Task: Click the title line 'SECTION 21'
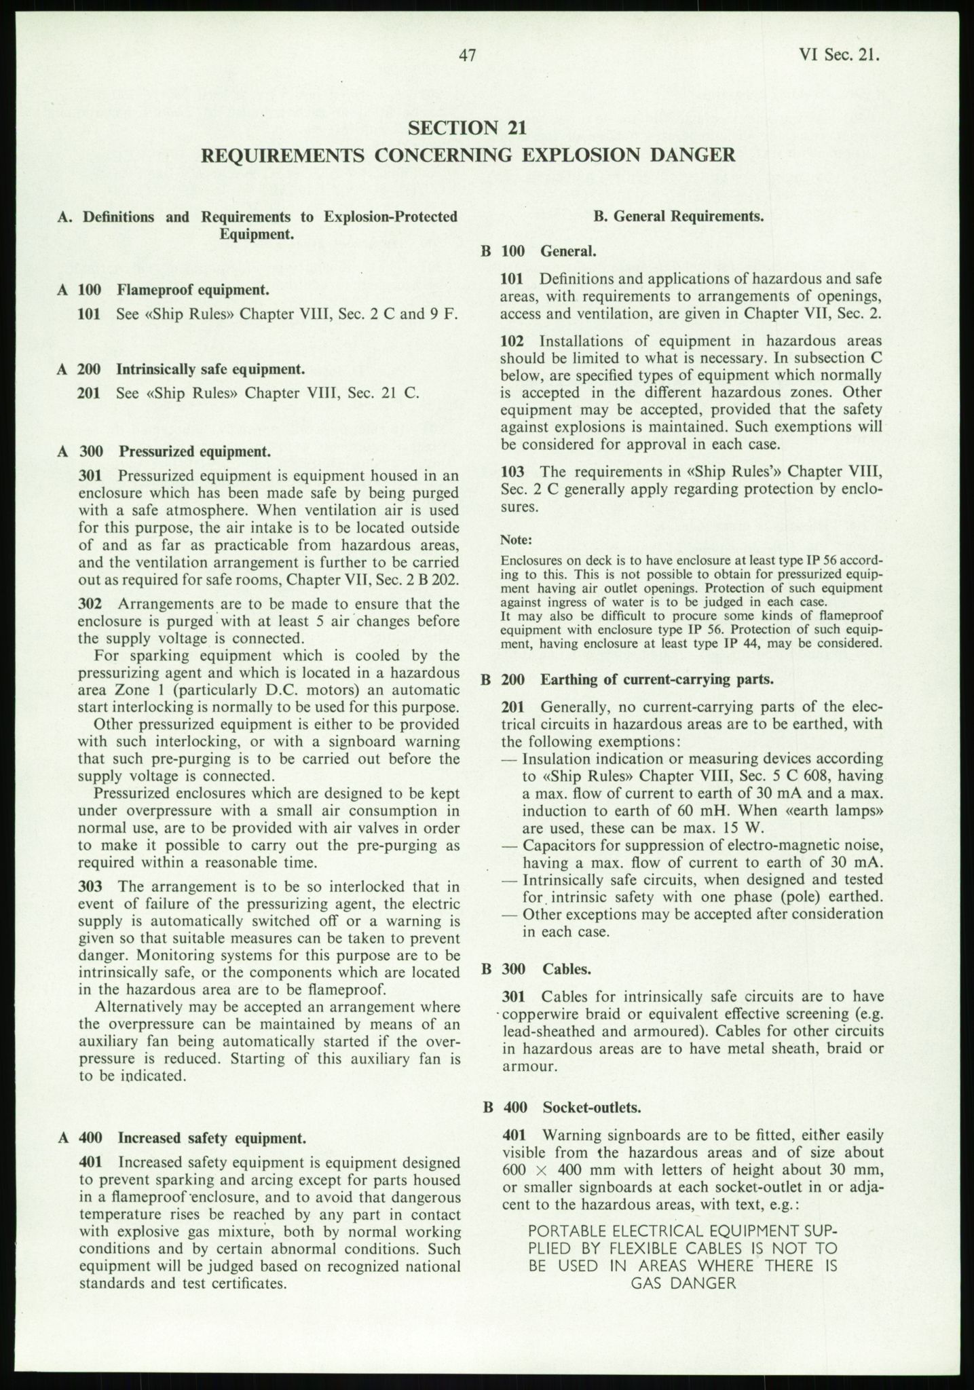(468, 128)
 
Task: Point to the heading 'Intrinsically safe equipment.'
(210, 369)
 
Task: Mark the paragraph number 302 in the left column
(90, 604)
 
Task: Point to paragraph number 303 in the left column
(90, 886)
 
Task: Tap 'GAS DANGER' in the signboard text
(683, 1283)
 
